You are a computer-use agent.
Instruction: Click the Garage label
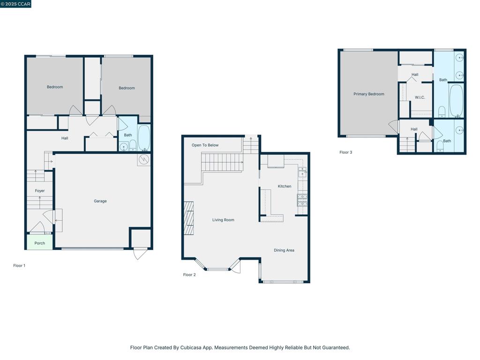pos(100,201)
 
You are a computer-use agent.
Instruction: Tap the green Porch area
pos(39,242)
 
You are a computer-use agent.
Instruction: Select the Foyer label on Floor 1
pos(40,191)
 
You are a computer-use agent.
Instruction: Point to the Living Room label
pos(223,220)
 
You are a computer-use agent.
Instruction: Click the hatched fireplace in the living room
pos(188,218)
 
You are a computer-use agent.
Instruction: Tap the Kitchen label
pos(285,186)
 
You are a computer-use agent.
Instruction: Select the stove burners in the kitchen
pos(302,200)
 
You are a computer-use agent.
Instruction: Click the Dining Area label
pos(284,250)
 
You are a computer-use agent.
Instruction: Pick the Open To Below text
pos(205,145)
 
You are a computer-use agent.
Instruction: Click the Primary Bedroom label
pos(369,94)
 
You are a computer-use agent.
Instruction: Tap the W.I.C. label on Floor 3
pos(420,97)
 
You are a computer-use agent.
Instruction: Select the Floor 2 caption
pos(189,275)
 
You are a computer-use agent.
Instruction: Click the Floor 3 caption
pos(345,152)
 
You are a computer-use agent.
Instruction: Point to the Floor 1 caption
pos(19,265)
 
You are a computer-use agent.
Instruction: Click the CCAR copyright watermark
pos(15,4)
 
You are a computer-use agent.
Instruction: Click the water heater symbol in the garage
pos(144,159)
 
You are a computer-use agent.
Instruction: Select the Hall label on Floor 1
pos(65,138)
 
